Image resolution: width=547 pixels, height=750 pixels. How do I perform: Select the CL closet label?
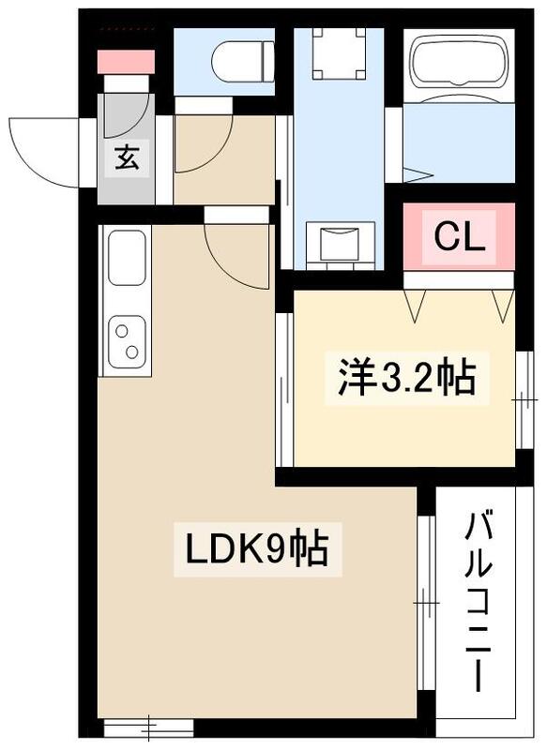click(459, 238)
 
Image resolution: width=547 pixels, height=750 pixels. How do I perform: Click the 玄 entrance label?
click(127, 157)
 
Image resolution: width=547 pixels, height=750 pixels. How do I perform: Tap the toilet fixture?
click(241, 64)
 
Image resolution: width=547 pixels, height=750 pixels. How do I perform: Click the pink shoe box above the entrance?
click(127, 61)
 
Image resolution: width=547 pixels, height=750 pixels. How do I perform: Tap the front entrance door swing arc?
click(47, 150)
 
